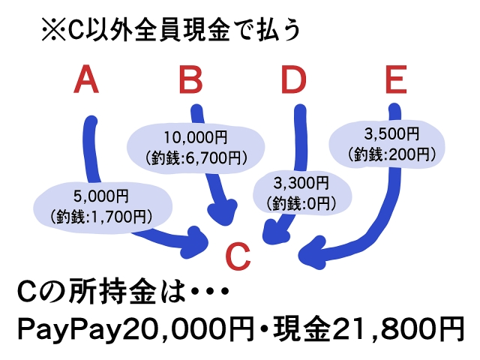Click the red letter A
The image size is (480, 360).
(x=86, y=79)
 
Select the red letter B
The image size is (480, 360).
(x=190, y=79)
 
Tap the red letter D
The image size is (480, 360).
(x=293, y=79)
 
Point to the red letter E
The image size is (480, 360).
(x=396, y=79)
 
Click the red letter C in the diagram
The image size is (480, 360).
(x=238, y=256)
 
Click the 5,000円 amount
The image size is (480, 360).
(x=101, y=196)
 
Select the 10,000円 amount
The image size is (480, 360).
(x=196, y=137)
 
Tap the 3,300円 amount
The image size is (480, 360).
(x=301, y=183)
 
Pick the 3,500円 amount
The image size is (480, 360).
(x=391, y=133)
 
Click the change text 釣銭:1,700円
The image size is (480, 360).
(x=101, y=217)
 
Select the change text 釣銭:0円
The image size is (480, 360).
(x=301, y=203)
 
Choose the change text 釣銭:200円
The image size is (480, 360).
(x=391, y=154)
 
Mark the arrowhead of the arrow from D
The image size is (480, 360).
(x=274, y=232)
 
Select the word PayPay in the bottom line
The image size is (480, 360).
(x=67, y=330)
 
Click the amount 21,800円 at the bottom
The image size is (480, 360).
(x=397, y=329)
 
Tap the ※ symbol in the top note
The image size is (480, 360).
(x=53, y=30)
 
